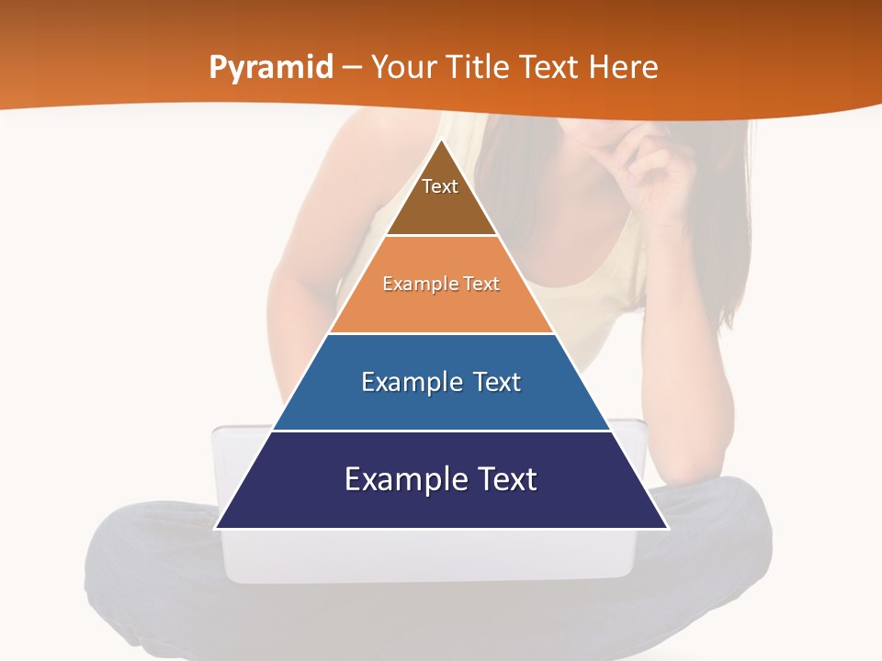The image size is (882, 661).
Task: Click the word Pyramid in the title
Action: tap(271, 68)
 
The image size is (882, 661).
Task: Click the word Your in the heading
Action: tap(402, 68)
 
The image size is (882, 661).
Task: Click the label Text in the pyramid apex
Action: tap(440, 186)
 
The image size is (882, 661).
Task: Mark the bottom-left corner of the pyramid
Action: tap(217, 527)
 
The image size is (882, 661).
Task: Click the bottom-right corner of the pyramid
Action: tap(666, 527)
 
